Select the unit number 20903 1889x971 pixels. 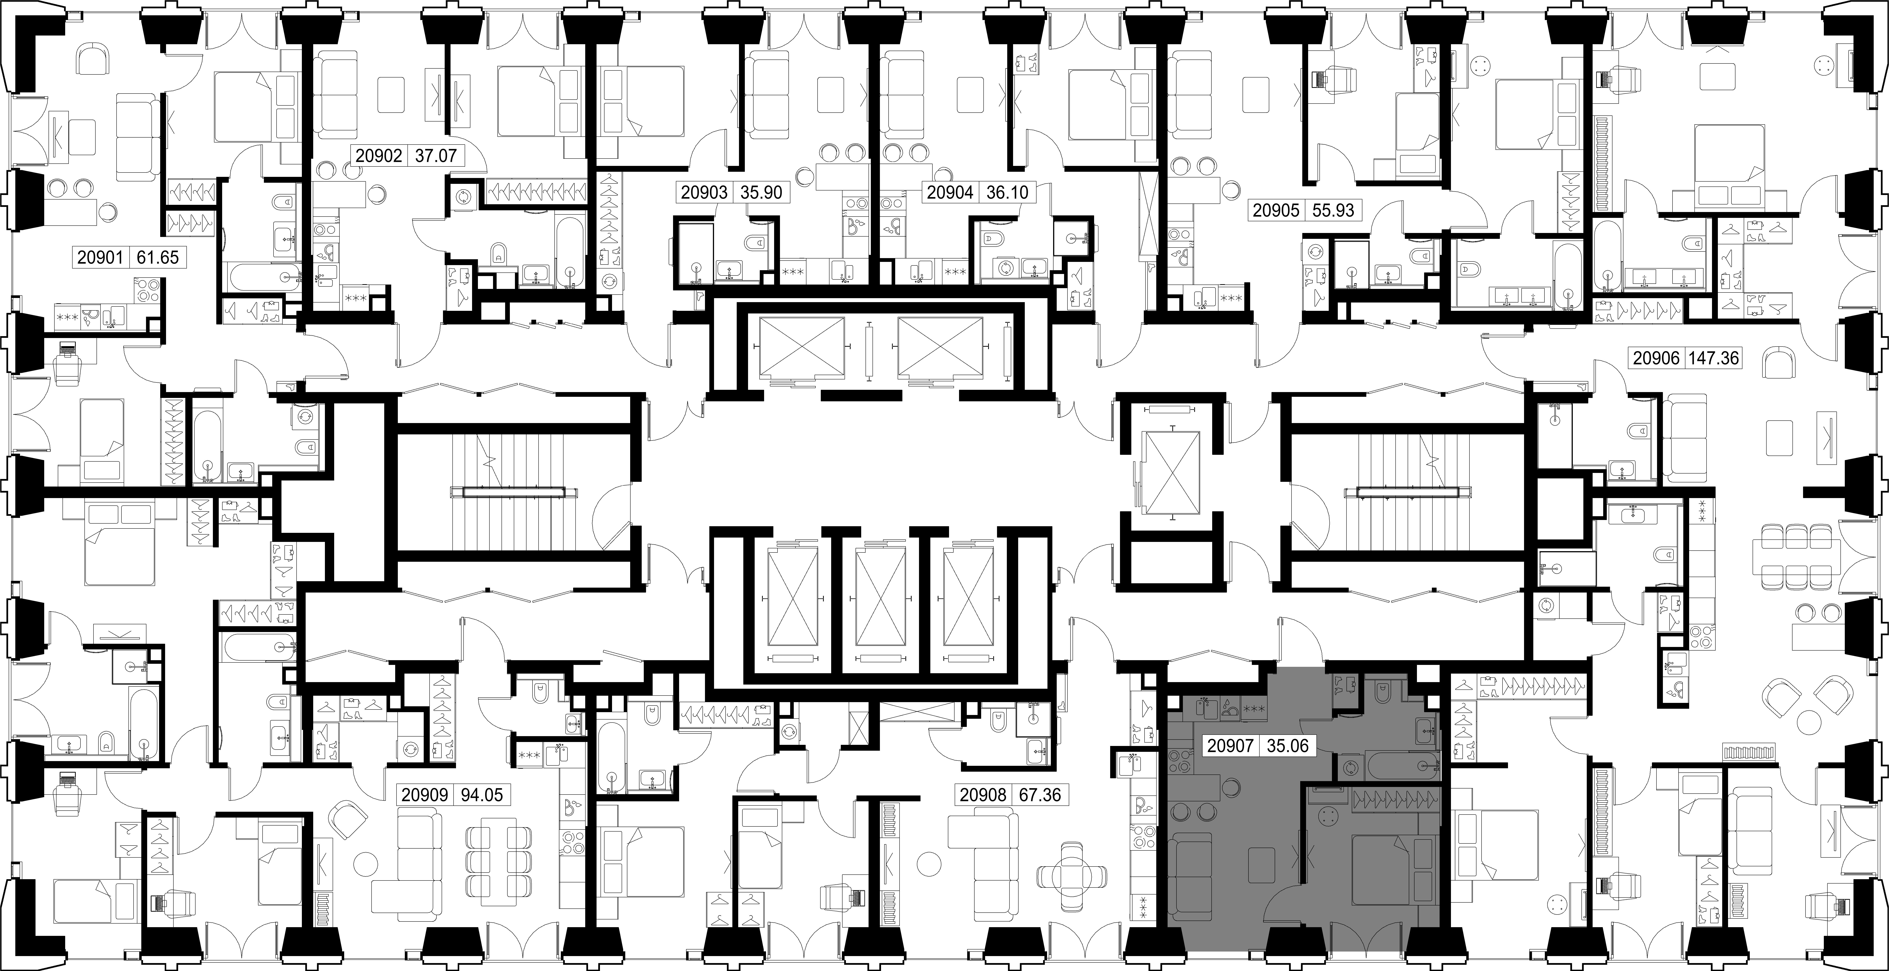pos(704,193)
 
